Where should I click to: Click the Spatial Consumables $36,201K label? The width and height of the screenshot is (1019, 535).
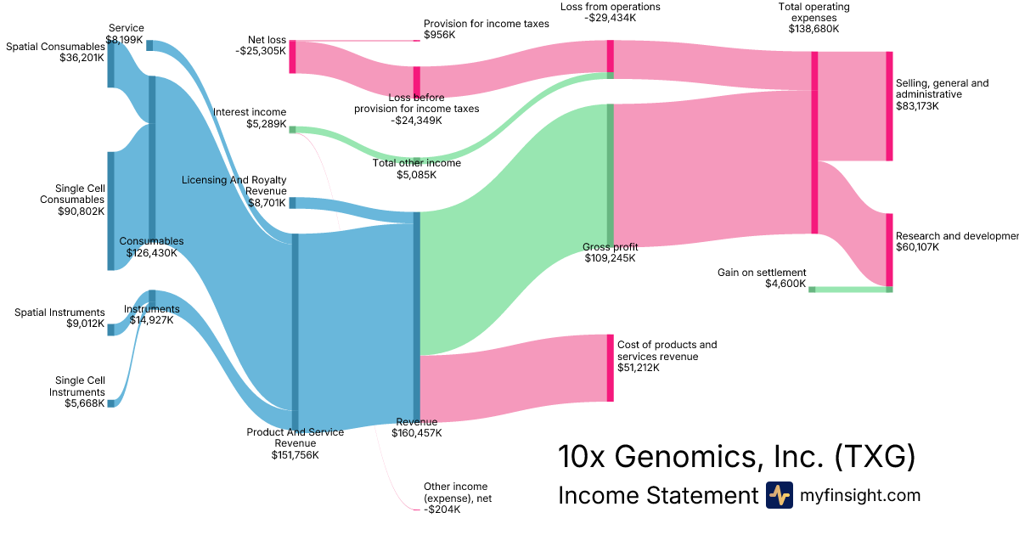click(55, 52)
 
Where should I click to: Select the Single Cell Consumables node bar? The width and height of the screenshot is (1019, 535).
click(110, 211)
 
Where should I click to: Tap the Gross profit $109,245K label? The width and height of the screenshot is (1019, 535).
click(610, 252)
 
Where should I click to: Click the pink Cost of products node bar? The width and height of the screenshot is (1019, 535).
click(610, 368)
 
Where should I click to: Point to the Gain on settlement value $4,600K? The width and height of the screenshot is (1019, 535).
click(785, 284)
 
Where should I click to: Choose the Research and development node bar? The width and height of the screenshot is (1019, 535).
click(889, 250)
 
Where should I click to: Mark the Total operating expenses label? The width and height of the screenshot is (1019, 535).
click(813, 17)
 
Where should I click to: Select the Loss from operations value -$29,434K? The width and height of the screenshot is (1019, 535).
click(611, 18)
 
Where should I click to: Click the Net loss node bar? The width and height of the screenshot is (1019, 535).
click(292, 56)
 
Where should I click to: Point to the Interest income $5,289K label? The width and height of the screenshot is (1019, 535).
click(250, 118)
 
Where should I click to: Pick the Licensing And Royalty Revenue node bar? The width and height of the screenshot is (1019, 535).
click(292, 203)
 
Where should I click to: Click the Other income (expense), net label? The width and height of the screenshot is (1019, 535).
click(458, 498)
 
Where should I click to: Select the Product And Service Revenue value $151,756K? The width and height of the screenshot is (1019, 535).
click(295, 455)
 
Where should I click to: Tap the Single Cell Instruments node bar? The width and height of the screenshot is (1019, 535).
click(110, 403)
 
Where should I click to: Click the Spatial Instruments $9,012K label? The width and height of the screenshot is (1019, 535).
click(59, 318)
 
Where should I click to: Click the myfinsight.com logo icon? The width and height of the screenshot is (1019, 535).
click(779, 495)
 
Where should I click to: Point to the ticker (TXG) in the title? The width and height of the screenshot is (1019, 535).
click(875, 457)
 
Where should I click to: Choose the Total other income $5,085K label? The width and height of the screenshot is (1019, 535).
click(416, 169)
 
